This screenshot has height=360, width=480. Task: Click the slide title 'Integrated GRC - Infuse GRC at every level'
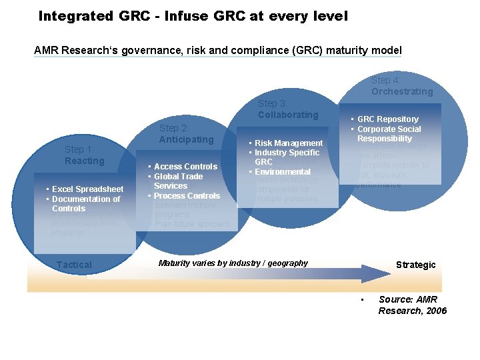pyautogui.click(x=193, y=15)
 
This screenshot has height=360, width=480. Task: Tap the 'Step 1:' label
pyautogui.click(x=79, y=149)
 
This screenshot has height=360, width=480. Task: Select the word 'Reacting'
pyautogui.click(x=85, y=161)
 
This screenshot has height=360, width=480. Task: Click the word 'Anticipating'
pyautogui.click(x=186, y=139)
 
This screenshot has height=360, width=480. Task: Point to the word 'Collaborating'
pyautogui.click(x=288, y=115)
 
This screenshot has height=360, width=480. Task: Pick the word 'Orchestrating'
pyautogui.click(x=402, y=91)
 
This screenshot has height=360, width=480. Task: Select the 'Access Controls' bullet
pyautogui.click(x=185, y=167)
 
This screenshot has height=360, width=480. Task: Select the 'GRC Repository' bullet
pyautogui.click(x=388, y=119)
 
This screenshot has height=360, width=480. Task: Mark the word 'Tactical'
pyautogui.click(x=74, y=265)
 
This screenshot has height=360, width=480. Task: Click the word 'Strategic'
pyautogui.click(x=415, y=265)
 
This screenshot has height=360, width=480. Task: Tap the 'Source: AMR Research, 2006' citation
pyautogui.click(x=412, y=305)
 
